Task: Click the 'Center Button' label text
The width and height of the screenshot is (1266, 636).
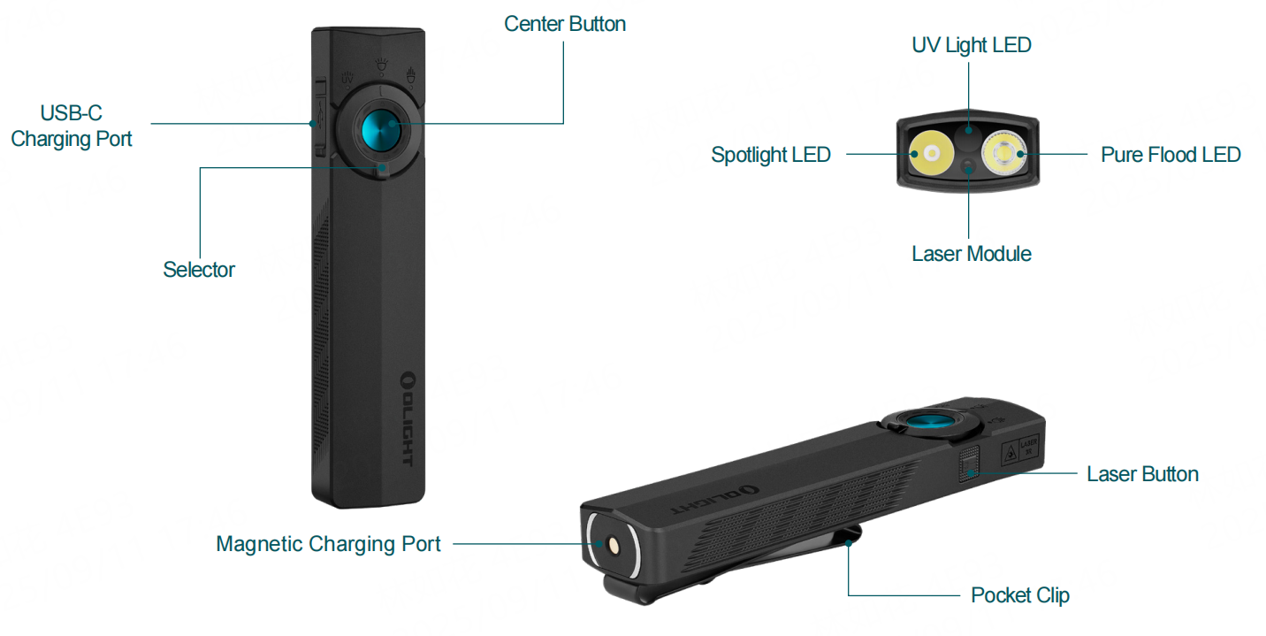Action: click(x=564, y=24)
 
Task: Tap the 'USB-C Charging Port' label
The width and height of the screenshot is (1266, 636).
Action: click(x=72, y=126)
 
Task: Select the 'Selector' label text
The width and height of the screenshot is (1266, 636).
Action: click(x=199, y=270)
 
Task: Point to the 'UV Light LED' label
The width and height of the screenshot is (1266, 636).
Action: click(x=971, y=45)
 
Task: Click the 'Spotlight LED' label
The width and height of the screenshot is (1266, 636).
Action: click(x=770, y=155)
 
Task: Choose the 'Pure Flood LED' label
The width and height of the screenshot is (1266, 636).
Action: click(x=1170, y=155)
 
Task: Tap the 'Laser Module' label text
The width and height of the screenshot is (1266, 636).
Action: click(x=971, y=254)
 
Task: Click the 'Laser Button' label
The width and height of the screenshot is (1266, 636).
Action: click(x=1142, y=474)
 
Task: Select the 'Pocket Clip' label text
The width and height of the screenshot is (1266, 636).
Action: click(x=1019, y=595)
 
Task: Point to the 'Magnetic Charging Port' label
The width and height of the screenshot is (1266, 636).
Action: click(x=328, y=543)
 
